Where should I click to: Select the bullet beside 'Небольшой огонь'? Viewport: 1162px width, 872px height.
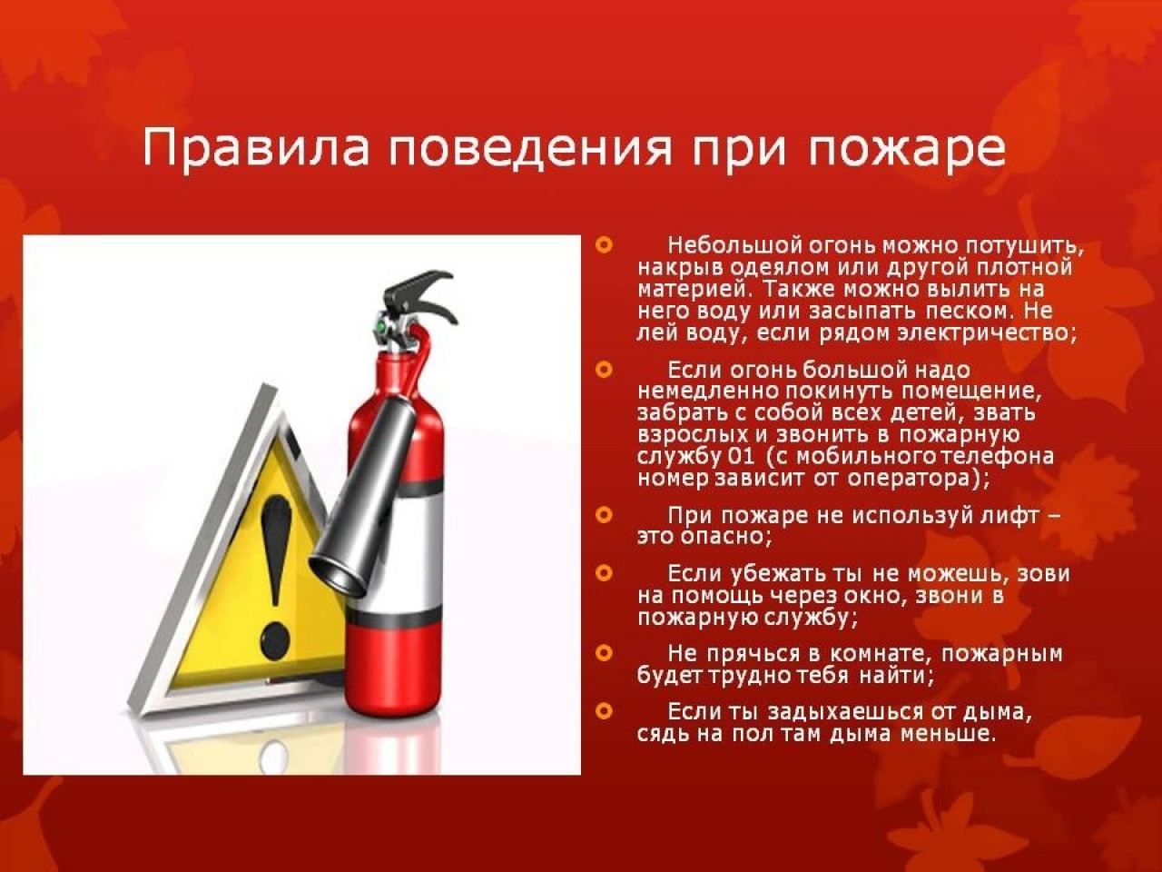[x=604, y=244]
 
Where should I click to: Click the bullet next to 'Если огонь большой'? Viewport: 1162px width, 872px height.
[x=604, y=369]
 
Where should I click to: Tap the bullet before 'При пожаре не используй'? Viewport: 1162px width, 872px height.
[x=604, y=515]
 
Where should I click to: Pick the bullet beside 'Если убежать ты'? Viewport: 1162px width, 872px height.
[x=604, y=573]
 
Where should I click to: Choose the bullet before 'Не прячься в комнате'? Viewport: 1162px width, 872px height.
[x=604, y=653]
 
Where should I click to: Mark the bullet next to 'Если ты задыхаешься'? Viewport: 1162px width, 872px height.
[x=604, y=711]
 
